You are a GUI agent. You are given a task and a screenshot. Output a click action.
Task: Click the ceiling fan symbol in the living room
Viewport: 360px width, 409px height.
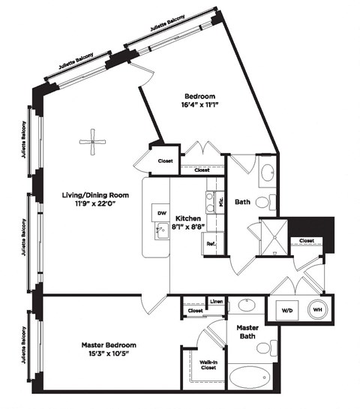[x=92, y=142]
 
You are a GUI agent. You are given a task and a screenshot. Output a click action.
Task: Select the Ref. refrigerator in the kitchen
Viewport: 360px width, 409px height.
[x=211, y=244]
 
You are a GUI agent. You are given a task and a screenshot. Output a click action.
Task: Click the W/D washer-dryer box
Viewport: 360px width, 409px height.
[x=288, y=310]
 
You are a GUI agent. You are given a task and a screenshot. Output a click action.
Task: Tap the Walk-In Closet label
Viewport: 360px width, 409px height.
[x=208, y=365]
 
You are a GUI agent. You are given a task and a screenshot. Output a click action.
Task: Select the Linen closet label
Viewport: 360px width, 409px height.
[x=215, y=302]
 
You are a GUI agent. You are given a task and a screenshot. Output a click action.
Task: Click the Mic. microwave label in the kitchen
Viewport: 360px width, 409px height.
[x=221, y=201]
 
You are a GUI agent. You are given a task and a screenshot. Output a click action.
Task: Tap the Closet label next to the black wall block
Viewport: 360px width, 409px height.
[x=306, y=241]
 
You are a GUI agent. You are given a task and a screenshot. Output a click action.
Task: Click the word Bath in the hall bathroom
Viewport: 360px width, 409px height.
[x=242, y=201]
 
